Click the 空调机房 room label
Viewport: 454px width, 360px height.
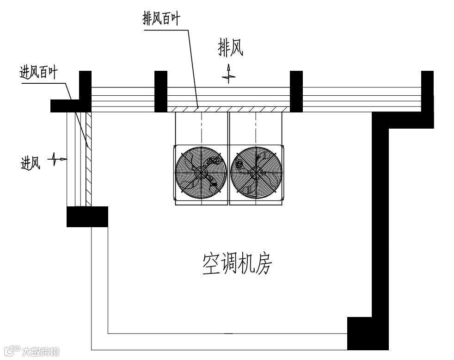[237, 264]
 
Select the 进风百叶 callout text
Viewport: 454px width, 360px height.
[38, 73]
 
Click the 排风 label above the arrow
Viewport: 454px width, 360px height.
[230, 48]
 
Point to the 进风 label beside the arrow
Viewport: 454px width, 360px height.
[31, 162]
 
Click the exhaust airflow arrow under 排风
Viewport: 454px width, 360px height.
[228, 74]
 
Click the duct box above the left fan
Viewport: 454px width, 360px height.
[202, 129]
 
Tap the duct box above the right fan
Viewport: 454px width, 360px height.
[256, 129]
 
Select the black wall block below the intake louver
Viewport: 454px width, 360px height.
[87, 217]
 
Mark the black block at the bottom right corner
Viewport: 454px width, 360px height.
[367, 333]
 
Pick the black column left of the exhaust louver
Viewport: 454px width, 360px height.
[160, 91]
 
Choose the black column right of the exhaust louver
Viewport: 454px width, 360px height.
[296, 91]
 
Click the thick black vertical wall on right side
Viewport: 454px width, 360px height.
[380, 217]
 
